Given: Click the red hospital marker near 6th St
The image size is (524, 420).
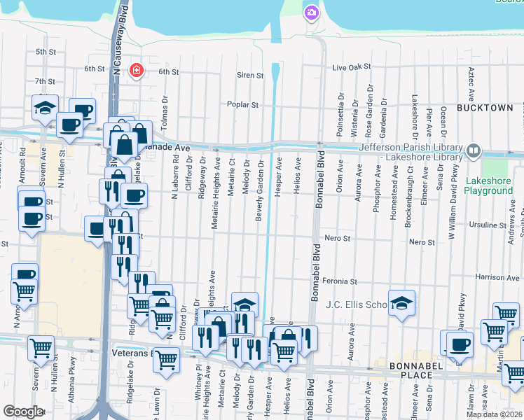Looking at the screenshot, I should point(136,70).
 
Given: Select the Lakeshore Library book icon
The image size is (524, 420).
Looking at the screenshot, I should point(474,150).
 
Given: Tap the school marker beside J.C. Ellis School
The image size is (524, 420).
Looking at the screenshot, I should point(401,304).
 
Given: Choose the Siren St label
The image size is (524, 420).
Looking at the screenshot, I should point(250,76).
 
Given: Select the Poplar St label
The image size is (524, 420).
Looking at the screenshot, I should point(242,105).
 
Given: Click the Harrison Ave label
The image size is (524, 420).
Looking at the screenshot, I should point(497,278).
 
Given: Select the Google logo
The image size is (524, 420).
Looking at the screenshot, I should point(23,412).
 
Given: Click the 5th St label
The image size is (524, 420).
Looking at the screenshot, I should point(46,52).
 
